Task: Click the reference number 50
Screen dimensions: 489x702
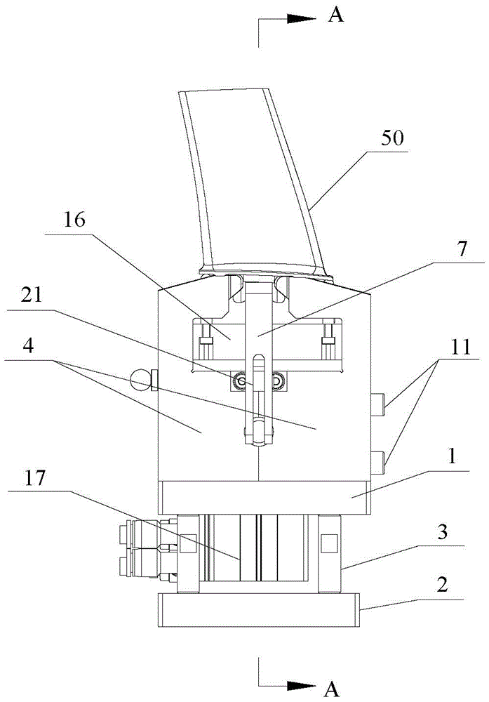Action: (392, 138)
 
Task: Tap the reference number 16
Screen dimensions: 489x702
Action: (74, 220)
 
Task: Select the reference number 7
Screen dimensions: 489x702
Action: (462, 249)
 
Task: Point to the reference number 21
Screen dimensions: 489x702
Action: (32, 296)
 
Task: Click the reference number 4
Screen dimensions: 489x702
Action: (28, 346)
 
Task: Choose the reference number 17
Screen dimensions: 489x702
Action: (35, 478)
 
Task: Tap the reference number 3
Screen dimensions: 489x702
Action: (443, 533)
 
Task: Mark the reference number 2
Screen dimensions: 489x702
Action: (442, 584)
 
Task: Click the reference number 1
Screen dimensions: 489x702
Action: (453, 457)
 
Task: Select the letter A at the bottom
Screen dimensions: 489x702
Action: (332, 689)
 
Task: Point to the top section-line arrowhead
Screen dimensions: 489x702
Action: (302, 18)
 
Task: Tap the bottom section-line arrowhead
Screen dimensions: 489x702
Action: (302, 685)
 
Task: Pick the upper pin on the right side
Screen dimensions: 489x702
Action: (379, 403)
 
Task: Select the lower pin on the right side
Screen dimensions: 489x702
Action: (379, 463)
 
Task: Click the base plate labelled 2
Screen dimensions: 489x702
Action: (259, 610)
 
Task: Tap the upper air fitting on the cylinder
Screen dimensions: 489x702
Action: (147, 534)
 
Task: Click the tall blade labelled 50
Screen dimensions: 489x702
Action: (254, 183)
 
